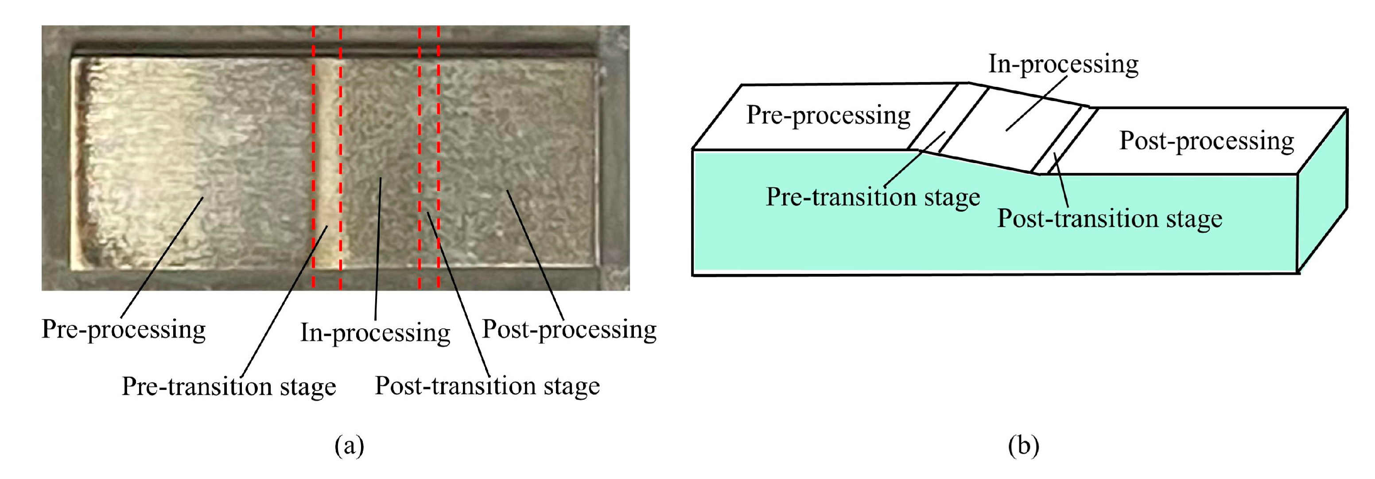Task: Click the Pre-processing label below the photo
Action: tap(123, 330)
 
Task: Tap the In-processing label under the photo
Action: tap(375, 333)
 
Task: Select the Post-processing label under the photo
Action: tap(569, 330)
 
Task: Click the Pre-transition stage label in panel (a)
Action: tap(229, 386)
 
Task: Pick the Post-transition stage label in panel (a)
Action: tap(487, 386)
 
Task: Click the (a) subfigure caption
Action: tap(349, 445)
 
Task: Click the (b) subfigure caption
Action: tap(1023, 445)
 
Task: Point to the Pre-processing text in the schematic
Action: tap(828, 115)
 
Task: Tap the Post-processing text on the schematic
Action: tap(1206, 141)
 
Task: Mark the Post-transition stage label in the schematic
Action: tap(1109, 218)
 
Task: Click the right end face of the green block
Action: tap(1322, 192)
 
